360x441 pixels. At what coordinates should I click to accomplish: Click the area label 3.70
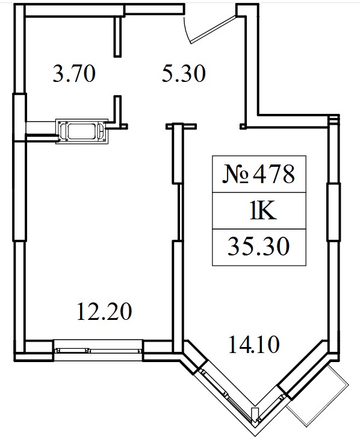74,73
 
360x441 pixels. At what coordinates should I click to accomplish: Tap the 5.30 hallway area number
184,73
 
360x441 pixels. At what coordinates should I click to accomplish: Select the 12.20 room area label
104,311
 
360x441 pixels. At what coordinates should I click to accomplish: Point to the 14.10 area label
254,345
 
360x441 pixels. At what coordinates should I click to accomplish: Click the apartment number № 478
258,174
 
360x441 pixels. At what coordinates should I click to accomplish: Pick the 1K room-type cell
263,211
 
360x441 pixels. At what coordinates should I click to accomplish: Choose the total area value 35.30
258,246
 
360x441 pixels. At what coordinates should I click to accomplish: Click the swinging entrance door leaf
213,30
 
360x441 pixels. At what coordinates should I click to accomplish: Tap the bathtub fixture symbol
82,131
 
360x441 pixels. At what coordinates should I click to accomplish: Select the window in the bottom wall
98,350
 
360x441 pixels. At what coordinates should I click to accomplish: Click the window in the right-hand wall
334,212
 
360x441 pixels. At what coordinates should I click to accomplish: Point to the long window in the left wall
19,167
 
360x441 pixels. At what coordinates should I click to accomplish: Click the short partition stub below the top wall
117,37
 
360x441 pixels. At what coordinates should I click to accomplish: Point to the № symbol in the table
235,174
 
